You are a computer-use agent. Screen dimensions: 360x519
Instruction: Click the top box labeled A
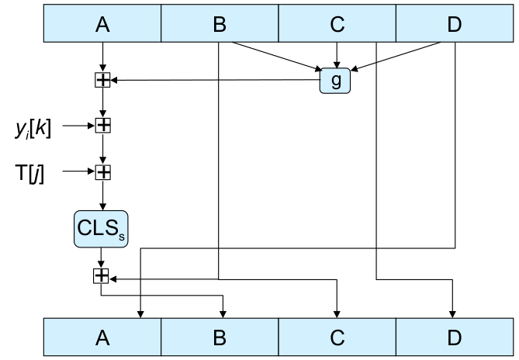tap(102, 23)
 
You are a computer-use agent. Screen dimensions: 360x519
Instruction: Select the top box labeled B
tap(220, 23)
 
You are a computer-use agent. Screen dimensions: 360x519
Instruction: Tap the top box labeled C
tap(337, 23)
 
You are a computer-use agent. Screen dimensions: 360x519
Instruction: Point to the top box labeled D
tap(454, 23)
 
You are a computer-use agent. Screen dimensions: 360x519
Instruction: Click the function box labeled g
tap(335, 80)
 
